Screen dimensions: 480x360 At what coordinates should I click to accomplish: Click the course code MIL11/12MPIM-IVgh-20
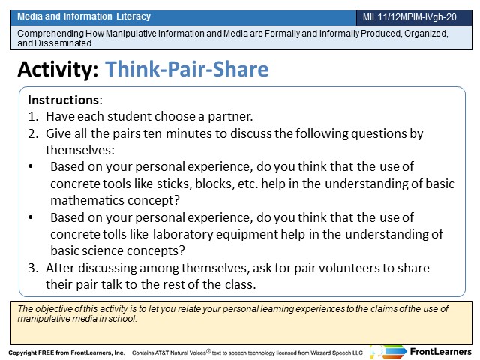(409, 17)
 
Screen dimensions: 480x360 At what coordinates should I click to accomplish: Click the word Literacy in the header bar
(133, 16)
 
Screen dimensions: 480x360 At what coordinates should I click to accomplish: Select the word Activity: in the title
(58, 69)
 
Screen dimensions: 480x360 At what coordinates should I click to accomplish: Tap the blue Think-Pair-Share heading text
(187, 69)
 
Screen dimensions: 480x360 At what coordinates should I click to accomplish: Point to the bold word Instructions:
(65, 100)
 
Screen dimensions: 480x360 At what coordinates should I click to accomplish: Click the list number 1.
(33, 117)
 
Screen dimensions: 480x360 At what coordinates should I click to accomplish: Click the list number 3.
(33, 268)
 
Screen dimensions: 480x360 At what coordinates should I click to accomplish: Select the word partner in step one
(230, 117)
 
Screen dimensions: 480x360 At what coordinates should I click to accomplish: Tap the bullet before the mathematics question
(31, 166)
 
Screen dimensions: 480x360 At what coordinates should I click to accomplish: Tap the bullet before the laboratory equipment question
(31, 217)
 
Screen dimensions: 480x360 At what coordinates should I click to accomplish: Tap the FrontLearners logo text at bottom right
(440, 352)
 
